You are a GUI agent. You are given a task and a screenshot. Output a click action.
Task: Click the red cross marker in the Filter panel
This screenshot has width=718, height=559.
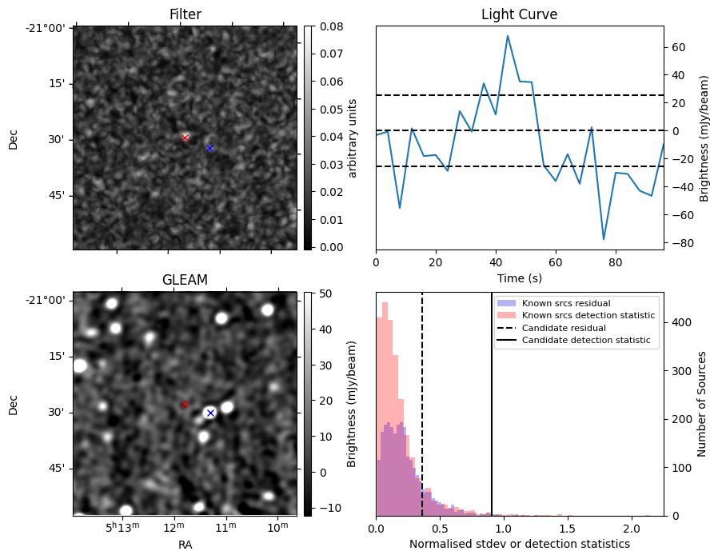point(185,138)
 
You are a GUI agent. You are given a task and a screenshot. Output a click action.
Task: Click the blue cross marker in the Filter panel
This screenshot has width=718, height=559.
point(209,148)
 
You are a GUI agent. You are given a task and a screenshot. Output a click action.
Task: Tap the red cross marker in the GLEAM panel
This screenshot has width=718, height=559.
point(185,405)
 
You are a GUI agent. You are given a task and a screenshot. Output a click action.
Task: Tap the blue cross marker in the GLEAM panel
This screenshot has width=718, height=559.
point(210,413)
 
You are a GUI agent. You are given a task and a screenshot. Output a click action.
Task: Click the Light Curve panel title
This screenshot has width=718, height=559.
point(519,14)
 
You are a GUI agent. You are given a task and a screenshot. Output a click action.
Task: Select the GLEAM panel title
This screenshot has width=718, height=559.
point(185,280)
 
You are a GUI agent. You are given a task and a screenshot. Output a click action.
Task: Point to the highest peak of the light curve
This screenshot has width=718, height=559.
point(507,36)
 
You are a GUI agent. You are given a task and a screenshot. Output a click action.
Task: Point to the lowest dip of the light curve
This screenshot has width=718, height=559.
point(604,239)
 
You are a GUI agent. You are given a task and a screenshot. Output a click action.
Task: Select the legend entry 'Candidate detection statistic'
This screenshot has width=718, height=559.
point(585,341)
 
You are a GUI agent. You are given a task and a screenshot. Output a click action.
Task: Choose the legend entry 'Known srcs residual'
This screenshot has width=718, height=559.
point(566,303)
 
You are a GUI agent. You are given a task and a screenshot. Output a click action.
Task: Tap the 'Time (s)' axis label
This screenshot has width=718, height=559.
point(519,277)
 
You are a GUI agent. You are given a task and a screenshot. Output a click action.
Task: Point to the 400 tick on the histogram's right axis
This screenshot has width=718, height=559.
point(676,322)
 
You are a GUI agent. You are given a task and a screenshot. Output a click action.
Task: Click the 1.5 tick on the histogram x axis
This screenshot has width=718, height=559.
point(568,528)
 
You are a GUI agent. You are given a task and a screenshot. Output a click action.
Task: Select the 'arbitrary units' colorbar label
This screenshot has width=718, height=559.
point(353,138)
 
